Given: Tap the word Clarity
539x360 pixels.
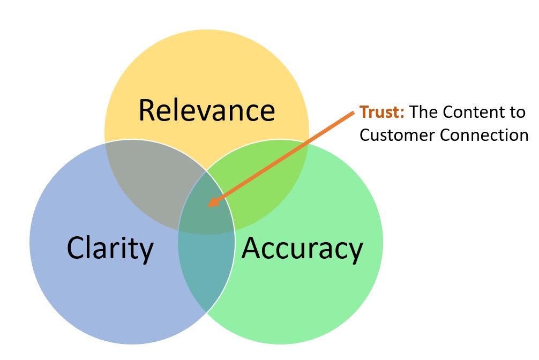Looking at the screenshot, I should (110, 248).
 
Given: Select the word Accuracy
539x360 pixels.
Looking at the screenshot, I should (302, 248).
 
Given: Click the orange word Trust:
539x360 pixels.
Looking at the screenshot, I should (382, 112).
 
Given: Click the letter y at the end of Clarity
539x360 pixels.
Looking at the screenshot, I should (146, 252).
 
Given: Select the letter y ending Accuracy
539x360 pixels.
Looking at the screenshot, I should (354, 252).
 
